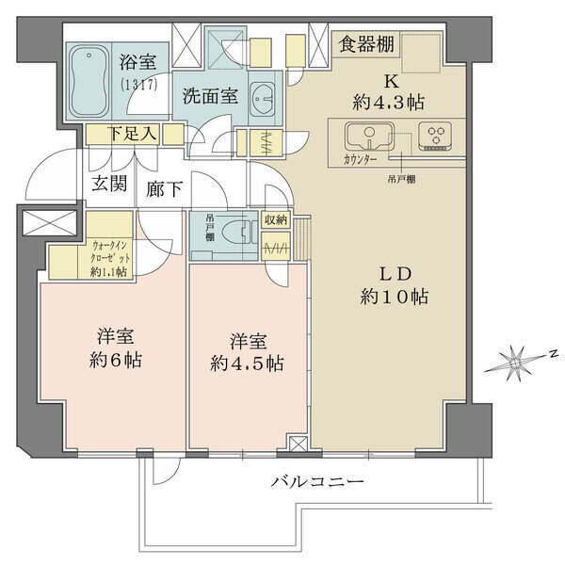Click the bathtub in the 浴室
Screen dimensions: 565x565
89,81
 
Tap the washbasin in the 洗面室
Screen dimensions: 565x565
262,98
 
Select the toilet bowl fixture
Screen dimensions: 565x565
234,235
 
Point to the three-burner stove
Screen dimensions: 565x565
435,136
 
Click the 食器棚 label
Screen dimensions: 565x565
366,44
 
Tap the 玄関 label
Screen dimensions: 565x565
109,184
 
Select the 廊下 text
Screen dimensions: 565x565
164,188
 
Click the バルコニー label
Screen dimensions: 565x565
317,482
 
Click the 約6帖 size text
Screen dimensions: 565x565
116,360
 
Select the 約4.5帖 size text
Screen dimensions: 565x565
247,363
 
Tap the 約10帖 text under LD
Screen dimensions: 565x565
394,298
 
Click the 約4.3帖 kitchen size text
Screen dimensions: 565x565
388,103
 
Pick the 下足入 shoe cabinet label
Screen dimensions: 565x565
133,134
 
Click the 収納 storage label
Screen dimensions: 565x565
276,219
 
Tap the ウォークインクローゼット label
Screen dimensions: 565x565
110,259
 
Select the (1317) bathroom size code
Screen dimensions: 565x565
139,85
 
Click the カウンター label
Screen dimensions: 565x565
361,160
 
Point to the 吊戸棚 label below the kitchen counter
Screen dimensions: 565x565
402,179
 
